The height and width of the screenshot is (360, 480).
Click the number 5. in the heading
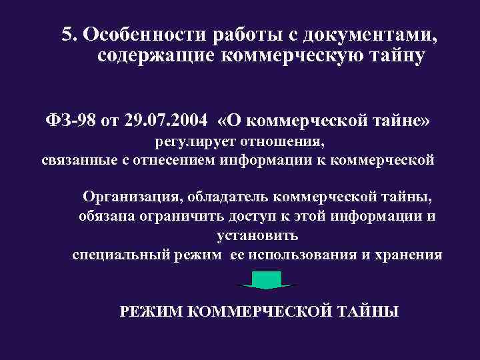tap(70, 34)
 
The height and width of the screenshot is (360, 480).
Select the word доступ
tap(262, 216)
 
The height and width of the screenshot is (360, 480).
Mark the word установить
tap(257, 235)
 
